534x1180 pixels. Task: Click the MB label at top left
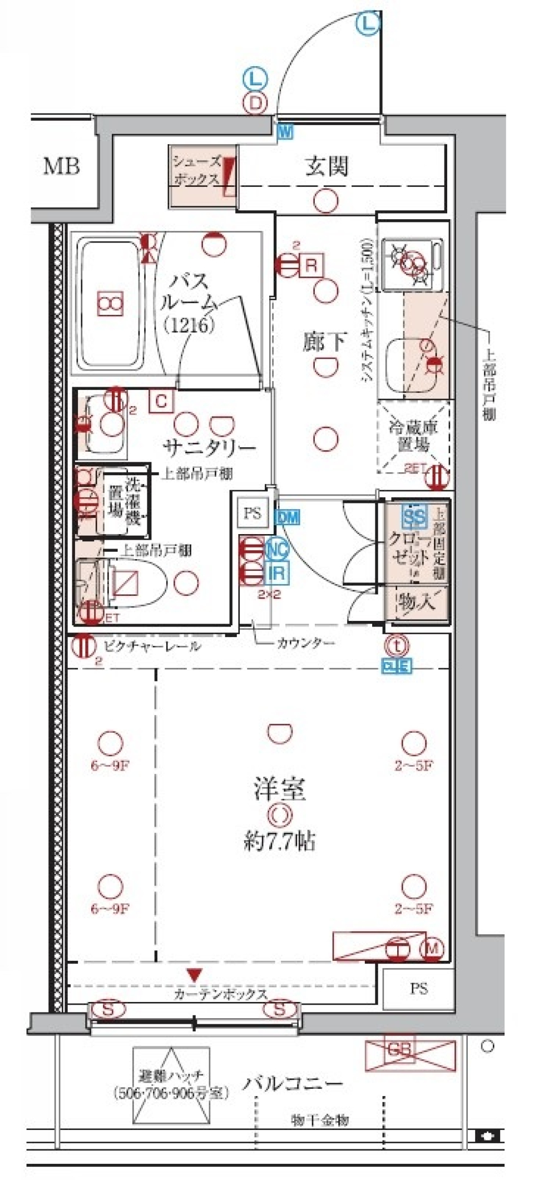62,166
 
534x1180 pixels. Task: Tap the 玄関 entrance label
327,166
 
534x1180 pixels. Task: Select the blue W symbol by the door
285,132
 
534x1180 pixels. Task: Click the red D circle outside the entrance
255,103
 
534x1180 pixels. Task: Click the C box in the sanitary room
161,401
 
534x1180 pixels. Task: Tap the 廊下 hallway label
324,341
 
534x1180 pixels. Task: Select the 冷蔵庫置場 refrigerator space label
413,436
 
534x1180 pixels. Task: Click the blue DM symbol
288,517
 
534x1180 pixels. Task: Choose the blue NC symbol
277,550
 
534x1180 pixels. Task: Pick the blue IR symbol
277,573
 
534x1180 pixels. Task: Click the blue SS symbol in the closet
414,517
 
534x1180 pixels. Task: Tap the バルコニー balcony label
293,1083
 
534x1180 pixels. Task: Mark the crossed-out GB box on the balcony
410,1050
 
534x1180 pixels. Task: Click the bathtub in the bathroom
110,303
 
